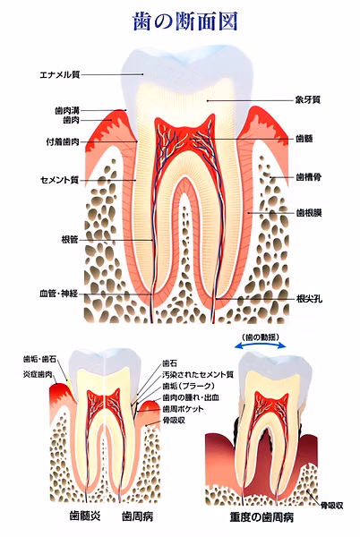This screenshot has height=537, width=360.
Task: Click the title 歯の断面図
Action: tap(184, 21)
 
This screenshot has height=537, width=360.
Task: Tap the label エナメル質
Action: tap(60, 74)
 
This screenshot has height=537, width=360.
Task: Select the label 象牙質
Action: tap(308, 100)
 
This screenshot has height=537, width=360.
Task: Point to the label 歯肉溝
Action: tap(67, 111)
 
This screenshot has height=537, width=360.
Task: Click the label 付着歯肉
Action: tap(63, 141)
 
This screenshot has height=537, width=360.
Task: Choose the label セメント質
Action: tap(60, 180)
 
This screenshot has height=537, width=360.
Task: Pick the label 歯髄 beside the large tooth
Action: tap(304, 139)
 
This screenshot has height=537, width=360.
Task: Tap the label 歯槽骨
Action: tap(308, 177)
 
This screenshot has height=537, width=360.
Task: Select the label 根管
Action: tap(70, 240)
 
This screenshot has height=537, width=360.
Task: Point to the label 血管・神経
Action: tap(59, 294)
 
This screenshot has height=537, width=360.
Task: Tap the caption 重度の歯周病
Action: tap(261, 517)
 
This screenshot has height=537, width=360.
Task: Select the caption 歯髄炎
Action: tap(85, 516)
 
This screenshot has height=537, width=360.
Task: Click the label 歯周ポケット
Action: tap(183, 409)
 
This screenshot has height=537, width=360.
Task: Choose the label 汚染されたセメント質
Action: tap(198, 374)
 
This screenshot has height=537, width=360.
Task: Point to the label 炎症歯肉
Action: tap(38, 374)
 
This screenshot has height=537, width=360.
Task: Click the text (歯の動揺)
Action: tap(260, 337)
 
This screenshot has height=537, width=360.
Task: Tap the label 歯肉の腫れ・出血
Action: tap(191, 397)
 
